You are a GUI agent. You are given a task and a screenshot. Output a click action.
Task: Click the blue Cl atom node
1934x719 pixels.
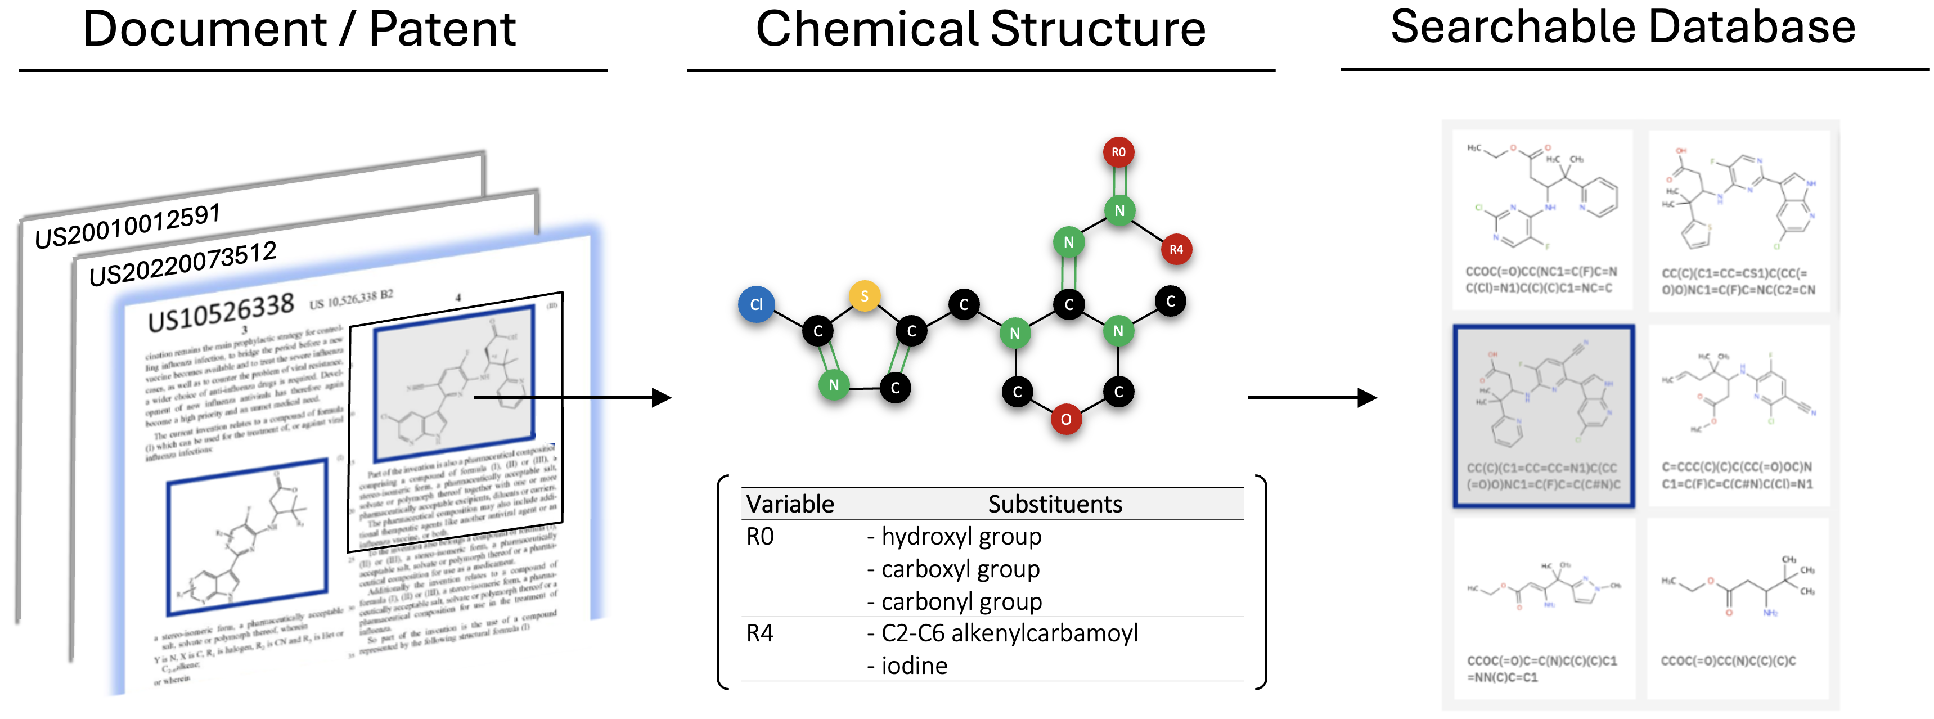756,304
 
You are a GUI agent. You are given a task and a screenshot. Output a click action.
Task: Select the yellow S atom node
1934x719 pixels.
864,296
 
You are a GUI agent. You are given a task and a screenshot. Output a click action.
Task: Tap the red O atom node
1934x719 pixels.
1065,419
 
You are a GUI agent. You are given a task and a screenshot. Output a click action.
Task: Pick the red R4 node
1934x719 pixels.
1176,249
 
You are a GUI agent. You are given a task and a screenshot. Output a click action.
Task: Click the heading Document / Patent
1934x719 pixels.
299,30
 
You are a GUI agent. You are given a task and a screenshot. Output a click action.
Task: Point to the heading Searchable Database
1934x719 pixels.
1622,27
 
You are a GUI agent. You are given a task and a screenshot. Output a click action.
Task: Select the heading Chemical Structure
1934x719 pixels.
980,30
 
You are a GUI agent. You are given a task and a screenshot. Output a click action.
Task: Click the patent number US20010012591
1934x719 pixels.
128,225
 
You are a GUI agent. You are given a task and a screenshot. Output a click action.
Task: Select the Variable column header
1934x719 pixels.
790,504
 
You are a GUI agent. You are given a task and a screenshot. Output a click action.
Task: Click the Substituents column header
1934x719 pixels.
1054,504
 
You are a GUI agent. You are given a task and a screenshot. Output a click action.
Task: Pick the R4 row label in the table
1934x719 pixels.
760,633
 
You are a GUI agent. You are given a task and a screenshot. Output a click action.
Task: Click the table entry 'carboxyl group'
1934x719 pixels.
960,569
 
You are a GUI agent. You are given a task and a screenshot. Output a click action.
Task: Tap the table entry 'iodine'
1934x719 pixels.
913,666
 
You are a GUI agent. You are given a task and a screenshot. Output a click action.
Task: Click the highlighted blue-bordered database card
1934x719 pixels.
1544,416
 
